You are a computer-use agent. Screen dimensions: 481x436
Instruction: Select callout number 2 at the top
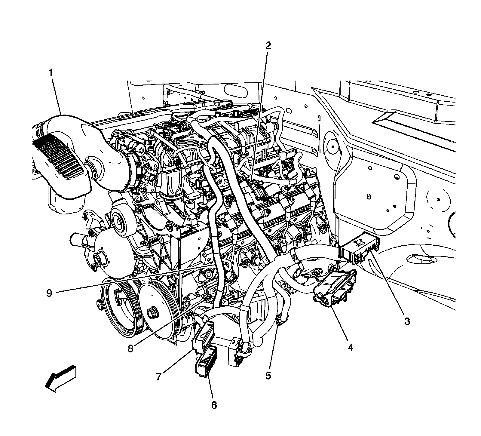[268, 46]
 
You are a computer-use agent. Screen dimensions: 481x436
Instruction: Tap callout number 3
[407, 321]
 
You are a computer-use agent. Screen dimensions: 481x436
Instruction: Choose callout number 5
[268, 376]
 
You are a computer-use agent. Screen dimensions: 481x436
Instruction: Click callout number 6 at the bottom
[214, 405]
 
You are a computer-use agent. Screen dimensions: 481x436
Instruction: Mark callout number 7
[159, 376]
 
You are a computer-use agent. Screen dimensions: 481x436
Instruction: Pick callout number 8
[130, 348]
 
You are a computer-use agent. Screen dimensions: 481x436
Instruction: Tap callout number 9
[49, 293]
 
